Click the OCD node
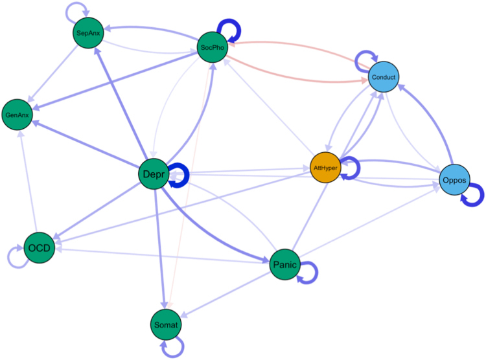(38, 248)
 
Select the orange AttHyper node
(326, 167)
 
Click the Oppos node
(454, 179)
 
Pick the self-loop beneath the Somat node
(174, 350)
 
